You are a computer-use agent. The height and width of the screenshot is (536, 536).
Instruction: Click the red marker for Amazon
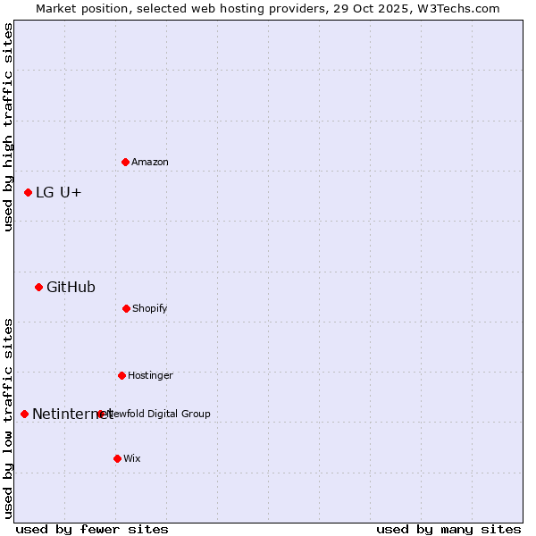(x=125, y=162)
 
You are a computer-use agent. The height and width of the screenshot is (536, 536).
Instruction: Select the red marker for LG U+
(x=28, y=192)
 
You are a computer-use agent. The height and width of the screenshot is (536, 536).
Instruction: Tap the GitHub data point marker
(x=38, y=287)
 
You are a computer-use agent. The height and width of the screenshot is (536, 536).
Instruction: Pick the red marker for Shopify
(x=126, y=308)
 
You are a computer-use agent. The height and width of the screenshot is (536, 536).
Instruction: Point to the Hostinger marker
(x=121, y=375)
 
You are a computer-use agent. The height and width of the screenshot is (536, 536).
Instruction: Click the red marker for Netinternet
(x=24, y=414)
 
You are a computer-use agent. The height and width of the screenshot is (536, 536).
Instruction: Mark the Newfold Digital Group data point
(x=100, y=414)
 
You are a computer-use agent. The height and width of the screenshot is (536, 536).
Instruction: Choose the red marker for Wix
(x=117, y=458)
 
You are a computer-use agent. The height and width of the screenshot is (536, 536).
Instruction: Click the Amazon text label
(x=150, y=162)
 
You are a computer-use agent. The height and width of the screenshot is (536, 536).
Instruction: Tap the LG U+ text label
(x=59, y=192)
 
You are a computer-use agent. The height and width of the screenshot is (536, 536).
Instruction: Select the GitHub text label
(x=71, y=287)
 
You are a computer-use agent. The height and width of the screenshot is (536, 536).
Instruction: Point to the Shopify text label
(x=150, y=308)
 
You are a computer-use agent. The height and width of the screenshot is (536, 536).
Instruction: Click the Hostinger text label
(x=150, y=375)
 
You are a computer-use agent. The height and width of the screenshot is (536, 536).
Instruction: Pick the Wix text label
(x=132, y=458)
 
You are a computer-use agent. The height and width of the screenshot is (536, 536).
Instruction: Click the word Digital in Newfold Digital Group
(x=163, y=414)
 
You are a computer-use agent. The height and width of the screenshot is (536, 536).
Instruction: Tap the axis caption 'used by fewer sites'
(x=92, y=529)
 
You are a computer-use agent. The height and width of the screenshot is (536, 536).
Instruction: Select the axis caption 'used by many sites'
(x=448, y=529)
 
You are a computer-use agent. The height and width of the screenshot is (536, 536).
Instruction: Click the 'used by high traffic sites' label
(x=8, y=127)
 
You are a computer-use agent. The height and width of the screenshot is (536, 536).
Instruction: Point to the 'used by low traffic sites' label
(x=8, y=418)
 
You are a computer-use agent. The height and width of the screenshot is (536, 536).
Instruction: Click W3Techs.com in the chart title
(x=458, y=8)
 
